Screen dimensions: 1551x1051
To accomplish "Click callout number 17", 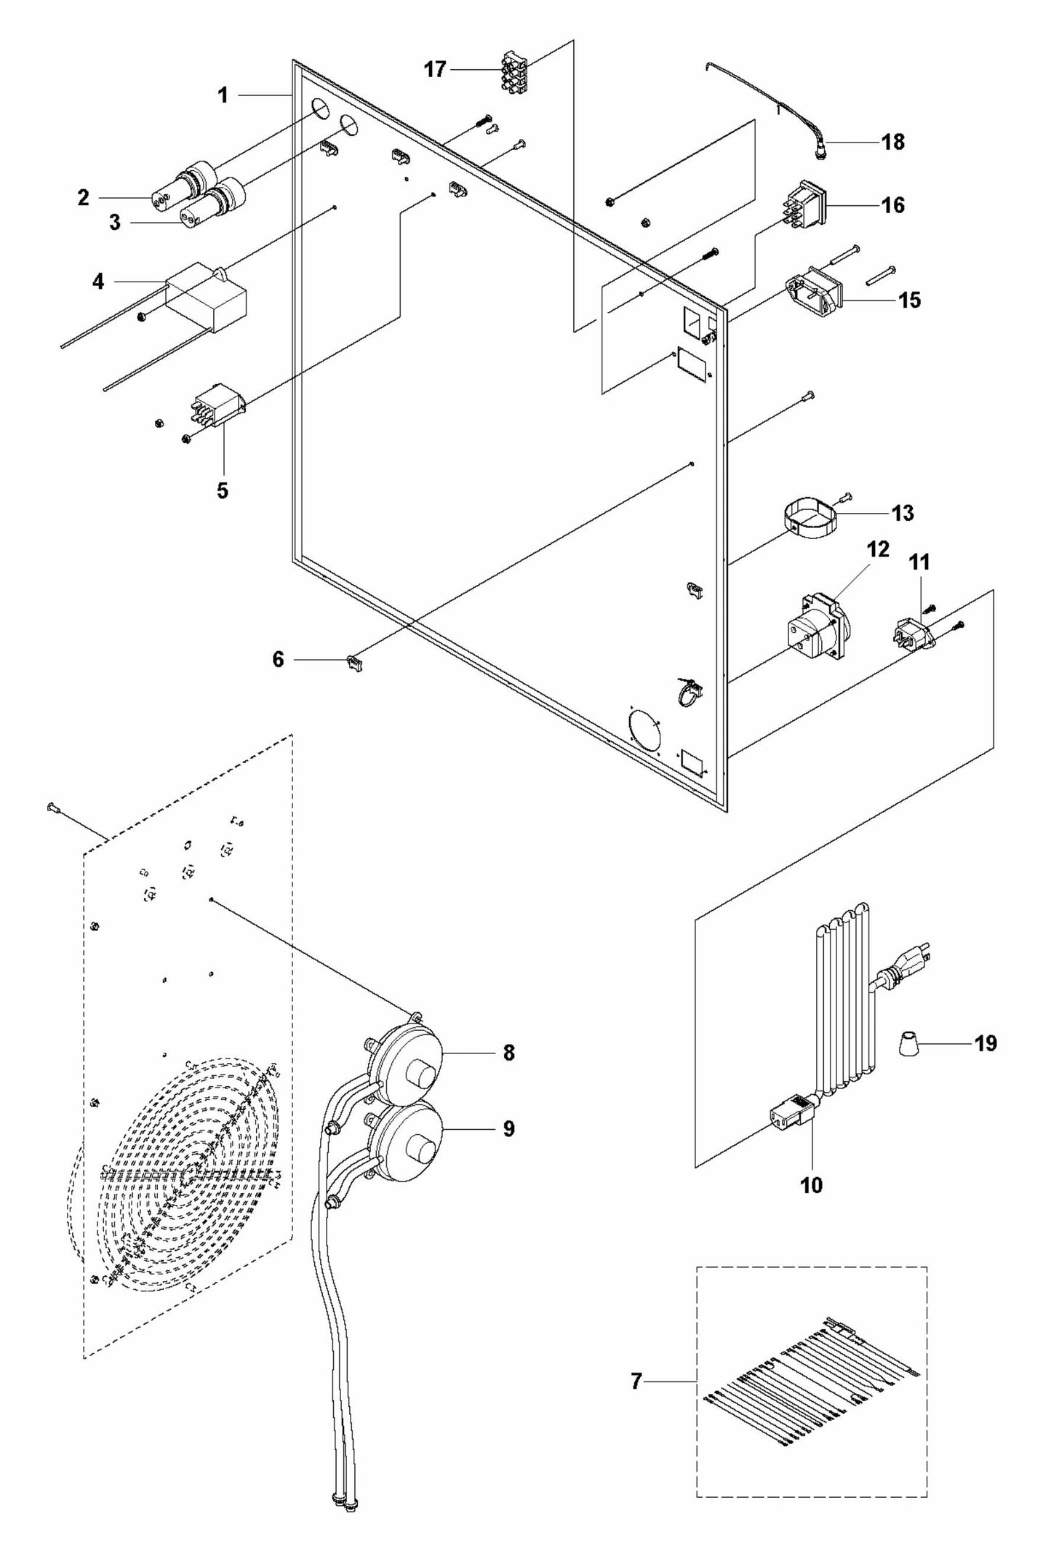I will tap(435, 71).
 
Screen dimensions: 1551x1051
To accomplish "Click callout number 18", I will tap(893, 142).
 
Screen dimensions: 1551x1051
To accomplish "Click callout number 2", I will tap(83, 197).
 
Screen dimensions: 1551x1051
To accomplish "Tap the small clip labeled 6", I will tap(353, 662).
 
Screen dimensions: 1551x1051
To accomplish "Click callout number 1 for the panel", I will tap(223, 95).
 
